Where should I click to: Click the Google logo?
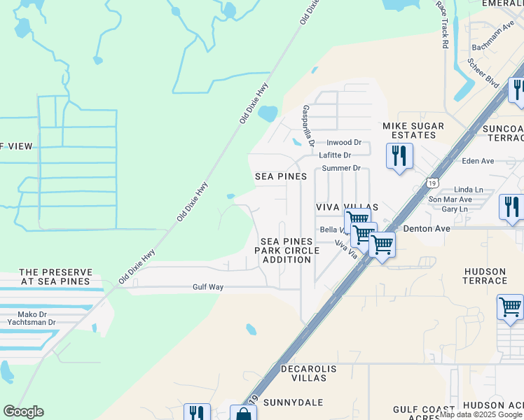coord(23,412)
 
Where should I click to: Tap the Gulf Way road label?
coord(208,287)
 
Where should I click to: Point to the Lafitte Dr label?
coord(335,155)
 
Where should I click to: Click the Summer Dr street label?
coord(340,169)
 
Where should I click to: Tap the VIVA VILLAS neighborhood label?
coord(347,208)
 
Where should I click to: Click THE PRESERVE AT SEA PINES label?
coord(55,276)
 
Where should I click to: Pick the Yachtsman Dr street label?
coord(32,322)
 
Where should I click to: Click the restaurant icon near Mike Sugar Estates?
coord(399,155)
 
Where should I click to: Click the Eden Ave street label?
coord(478,161)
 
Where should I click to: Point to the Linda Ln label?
coord(469,190)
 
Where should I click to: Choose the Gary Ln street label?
coord(455,209)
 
